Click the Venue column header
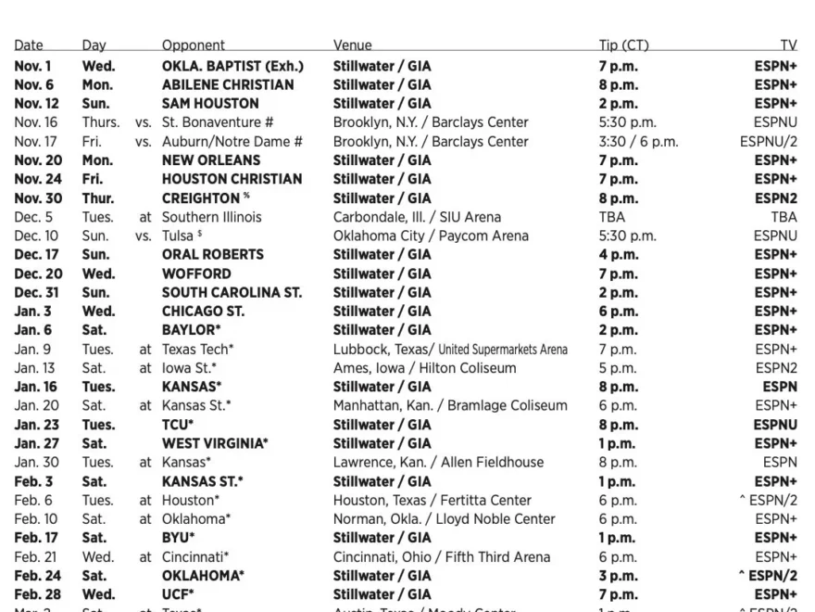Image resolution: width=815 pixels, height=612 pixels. pyautogui.click(x=353, y=45)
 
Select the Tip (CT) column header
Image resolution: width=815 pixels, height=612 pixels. pyautogui.click(x=623, y=45)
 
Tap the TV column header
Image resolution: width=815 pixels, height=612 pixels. pyautogui.click(x=788, y=45)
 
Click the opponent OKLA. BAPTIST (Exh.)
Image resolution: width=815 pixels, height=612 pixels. pyautogui.click(x=232, y=66)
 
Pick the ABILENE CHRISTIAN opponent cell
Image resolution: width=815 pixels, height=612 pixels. pyautogui.click(x=228, y=84)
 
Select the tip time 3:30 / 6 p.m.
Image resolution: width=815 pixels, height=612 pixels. pyautogui.click(x=638, y=141)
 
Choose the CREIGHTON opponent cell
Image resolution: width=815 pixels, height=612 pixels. pyautogui.click(x=201, y=198)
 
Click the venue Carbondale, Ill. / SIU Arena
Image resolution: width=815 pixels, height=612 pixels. pyautogui.click(x=417, y=217)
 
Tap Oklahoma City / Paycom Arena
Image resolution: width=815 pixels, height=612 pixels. pyautogui.click(x=431, y=236)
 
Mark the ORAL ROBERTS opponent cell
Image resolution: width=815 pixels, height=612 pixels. pyautogui.click(x=212, y=254)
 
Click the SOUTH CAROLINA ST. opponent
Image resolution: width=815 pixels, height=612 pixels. pyautogui.click(x=232, y=292)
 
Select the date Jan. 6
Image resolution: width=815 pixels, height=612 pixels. pyautogui.click(x=33, y=329)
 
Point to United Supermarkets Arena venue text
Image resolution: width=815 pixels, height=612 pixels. pyautogui.click(x=503, y=349)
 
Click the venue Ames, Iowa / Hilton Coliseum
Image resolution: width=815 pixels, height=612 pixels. pyautogui.click(x=425, y=367)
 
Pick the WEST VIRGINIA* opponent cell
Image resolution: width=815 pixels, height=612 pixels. pyautogui.click(x=215, y=442)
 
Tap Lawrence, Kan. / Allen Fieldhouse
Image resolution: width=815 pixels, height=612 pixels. pyautogui.click(x=438, y=462)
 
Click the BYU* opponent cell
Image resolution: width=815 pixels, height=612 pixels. pyautogui.click(x=178, y=537)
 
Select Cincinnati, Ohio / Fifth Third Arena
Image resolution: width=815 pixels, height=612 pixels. pyautogui.click(x=442, y=556)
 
